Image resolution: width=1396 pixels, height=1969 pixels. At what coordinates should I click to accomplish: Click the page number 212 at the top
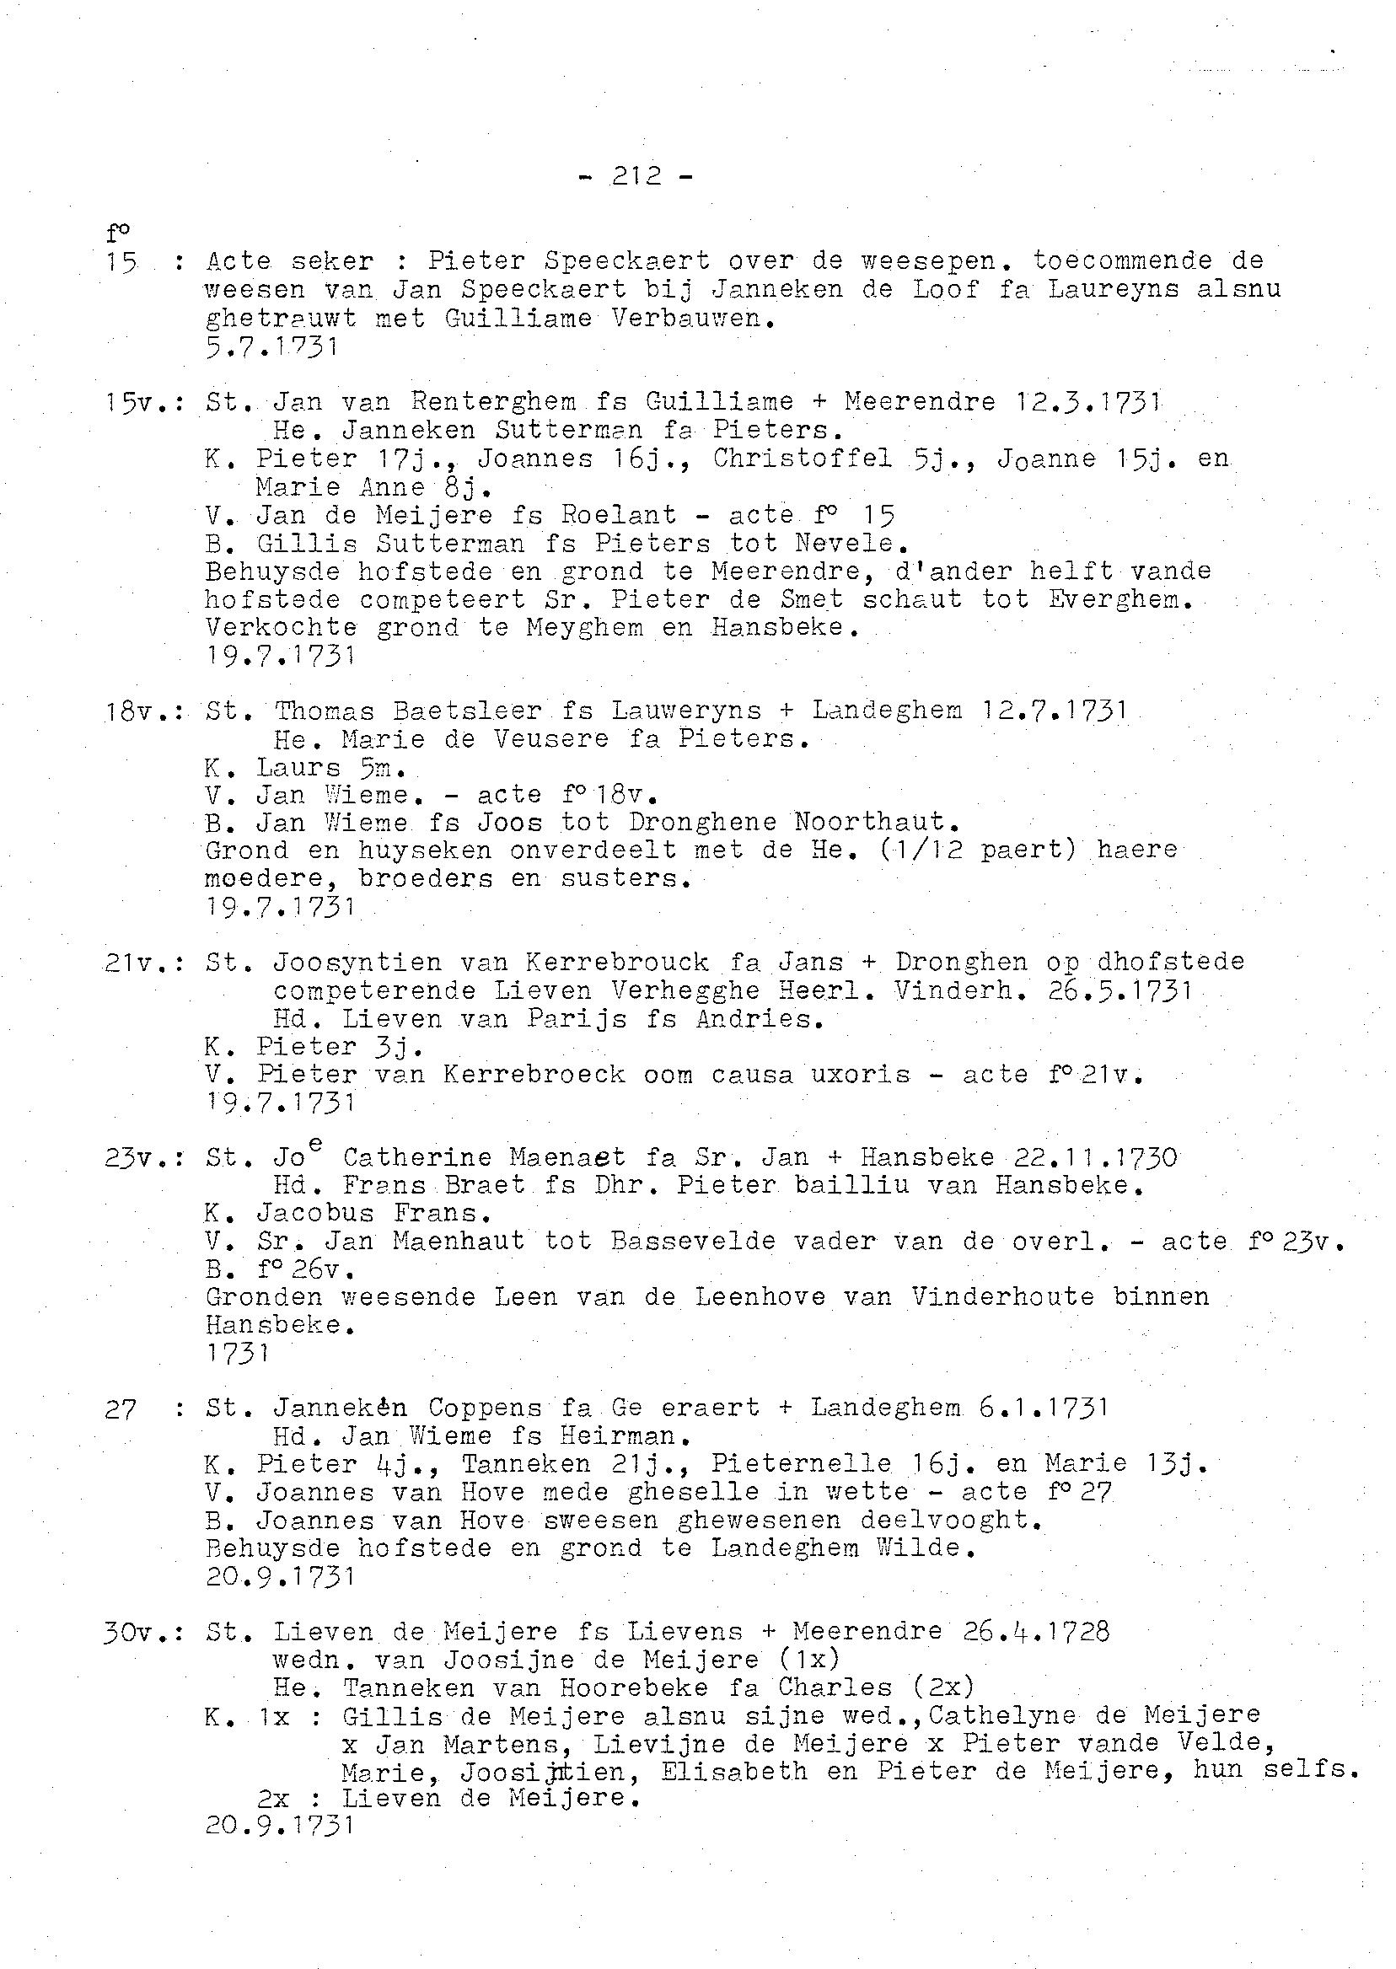[637, 176]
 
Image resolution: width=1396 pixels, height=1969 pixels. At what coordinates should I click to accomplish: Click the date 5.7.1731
[271, 346]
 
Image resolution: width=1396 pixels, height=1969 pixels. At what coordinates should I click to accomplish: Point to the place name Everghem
[1120, 599]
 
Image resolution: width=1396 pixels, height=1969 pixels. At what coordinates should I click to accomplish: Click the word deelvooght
[951, 1520]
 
